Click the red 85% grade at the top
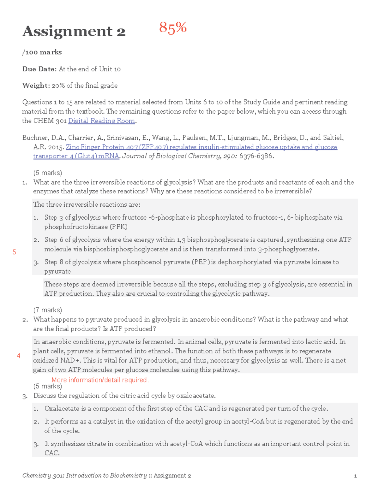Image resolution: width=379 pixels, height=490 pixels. coord(173,28)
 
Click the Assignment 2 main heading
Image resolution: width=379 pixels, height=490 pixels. coord(74,31)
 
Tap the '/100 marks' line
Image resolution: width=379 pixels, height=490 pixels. coord(42,52)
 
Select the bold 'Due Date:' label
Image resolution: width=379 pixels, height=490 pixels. coord(39,69)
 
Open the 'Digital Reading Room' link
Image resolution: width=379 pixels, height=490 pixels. coord(101,121)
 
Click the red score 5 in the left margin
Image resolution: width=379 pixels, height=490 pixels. coord(14,252)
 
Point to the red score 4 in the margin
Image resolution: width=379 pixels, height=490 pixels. coord(19,356)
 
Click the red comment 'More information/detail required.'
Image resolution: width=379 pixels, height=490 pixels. coord(100,380)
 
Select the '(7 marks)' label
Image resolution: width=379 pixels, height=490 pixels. coord(48,310)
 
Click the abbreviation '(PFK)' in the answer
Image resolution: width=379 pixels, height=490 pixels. coord(118,227)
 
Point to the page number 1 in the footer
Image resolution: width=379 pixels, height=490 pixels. coord(355,476)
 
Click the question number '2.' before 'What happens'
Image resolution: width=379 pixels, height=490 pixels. coord(25,320)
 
